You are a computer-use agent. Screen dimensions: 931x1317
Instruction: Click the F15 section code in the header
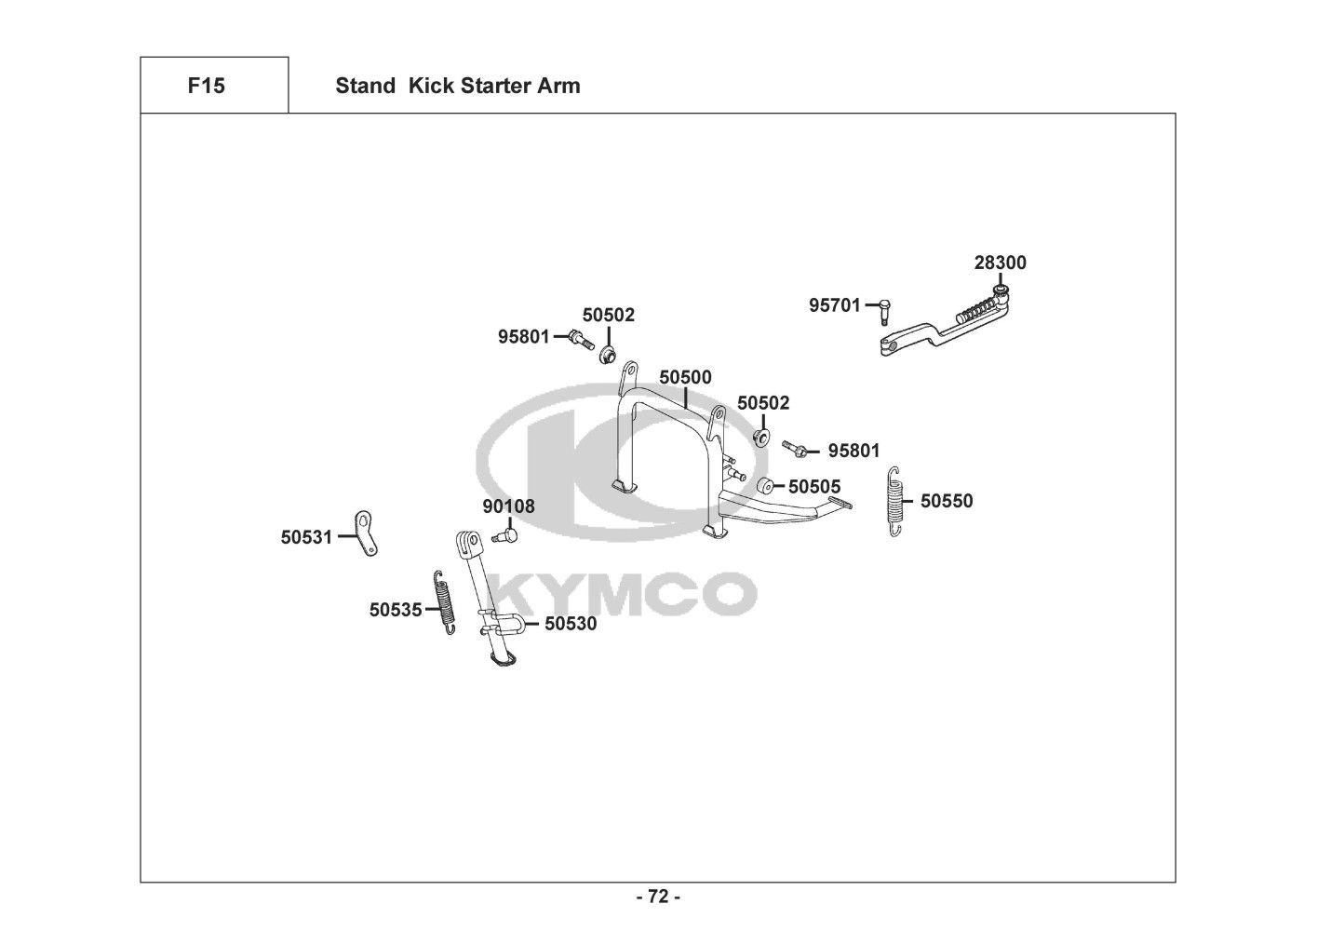click(x=206, y=86)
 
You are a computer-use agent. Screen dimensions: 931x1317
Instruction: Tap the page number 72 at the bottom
click(x=658, y=897)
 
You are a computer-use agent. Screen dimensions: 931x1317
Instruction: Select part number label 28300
click(x=1001, y=263)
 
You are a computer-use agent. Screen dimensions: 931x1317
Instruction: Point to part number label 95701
click(x=835, y=304)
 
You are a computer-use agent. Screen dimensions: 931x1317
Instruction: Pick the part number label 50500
click(x=685, y=377)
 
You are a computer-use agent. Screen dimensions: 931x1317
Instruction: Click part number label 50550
click(x=947, y=501)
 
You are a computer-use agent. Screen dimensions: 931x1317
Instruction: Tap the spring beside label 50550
click(x=894, y=501)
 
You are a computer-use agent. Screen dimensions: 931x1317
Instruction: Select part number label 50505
click(x=814, y=486)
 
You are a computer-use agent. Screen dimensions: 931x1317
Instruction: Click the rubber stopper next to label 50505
click(x=765, y=485)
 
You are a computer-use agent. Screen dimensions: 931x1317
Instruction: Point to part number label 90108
click(x=508, y=506)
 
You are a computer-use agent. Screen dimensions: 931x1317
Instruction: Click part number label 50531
click(x=307, y=537)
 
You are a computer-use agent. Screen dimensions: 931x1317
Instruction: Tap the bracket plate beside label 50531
click(x=366, y=533)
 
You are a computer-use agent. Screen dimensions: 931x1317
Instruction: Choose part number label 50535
click(x=396, y=610)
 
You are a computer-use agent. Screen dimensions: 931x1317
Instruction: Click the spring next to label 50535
click(x=446, y=601)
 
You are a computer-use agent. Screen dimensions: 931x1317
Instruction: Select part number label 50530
click(x=571, y=624)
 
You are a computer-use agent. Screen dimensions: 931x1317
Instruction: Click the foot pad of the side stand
click(x=501, y=661)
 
